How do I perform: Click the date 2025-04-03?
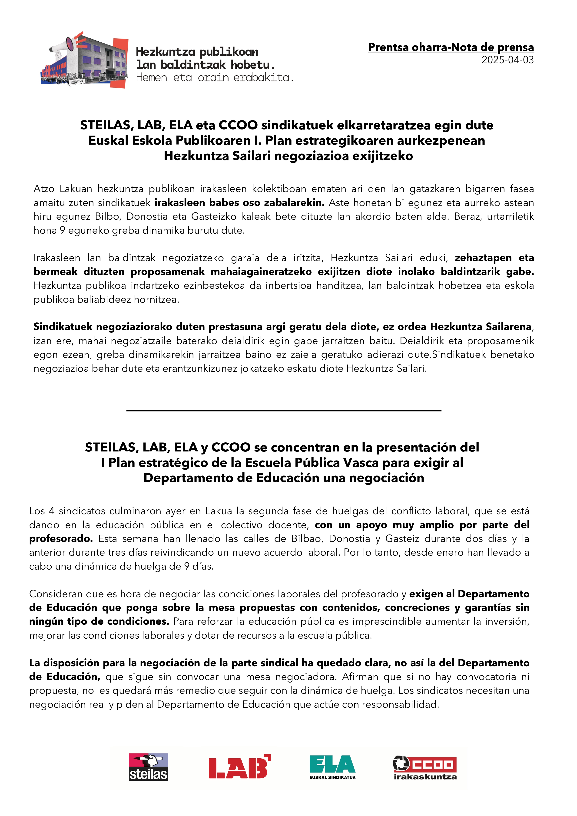507,60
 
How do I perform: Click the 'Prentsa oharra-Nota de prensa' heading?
451,47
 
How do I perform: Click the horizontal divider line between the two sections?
284,411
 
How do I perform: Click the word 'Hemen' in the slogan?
151,77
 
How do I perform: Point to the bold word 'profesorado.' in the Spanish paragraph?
61,539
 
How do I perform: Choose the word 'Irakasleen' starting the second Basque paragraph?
57,258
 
